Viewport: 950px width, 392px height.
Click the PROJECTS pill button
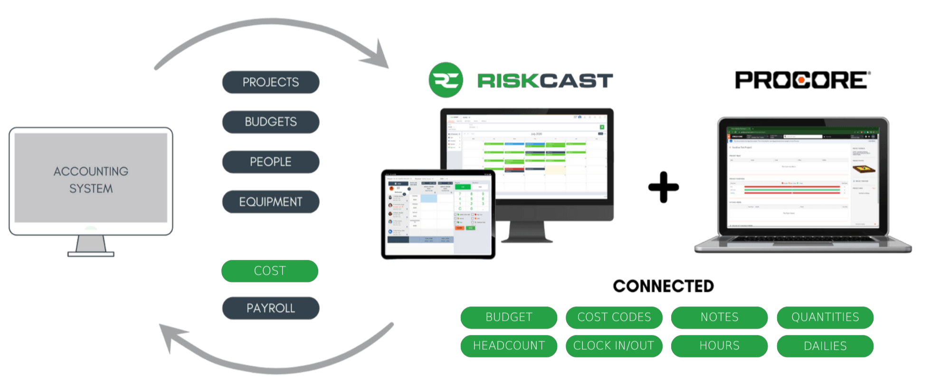click(271, 82)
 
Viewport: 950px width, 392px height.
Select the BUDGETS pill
click(271, 122)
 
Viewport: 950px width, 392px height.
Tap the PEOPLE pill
click(271, 162)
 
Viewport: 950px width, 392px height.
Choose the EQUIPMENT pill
click(271, 202)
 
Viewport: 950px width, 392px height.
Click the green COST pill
click(270, 271)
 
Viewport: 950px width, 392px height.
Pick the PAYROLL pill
click(271, 308)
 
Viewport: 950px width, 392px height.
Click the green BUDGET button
click(509, 317)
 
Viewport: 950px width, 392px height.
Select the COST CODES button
click(614, 317)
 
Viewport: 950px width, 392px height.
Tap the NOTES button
click(720, 317)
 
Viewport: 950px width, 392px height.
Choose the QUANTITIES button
click(825, 317)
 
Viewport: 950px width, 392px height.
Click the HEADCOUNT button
click(509, 346)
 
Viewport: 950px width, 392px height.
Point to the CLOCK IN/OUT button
click(614, 346)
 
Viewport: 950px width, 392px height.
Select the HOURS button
click(720, 346)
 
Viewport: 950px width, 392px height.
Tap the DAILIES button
click(825, 346)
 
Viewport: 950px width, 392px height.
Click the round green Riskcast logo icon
click(446, 80)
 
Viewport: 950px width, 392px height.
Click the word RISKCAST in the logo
click(545, 81)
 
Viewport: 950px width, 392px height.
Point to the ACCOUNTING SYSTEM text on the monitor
click(91, 180)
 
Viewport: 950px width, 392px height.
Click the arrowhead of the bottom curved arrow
click(168, 335)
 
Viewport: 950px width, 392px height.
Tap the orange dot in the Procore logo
click(801, 80)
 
